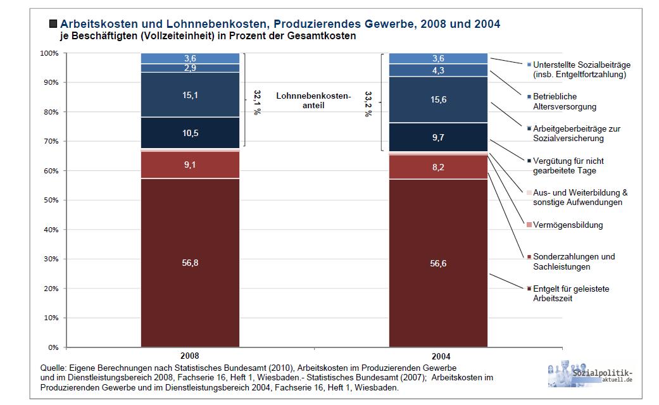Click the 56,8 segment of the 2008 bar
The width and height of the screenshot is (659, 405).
pyautogui.click(x=190, y=263)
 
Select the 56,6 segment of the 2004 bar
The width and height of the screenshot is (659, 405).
pyautogui.click(x=438, y=263)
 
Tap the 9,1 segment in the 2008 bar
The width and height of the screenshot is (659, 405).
pyautogui.click(x=190, y=165)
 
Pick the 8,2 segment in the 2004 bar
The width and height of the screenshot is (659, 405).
pyautogui.click(x=438, y=167)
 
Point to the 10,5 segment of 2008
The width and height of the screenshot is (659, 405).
pyautogui.click(x=190, y=132)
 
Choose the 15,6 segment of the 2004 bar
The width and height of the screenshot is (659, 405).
pyautogui.click(x=438, y=99)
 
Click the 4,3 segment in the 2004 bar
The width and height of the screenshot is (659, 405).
pyautogui.click(x=438, y=70)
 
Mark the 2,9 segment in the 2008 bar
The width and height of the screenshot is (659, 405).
pyautogui.click(x=190, y=68)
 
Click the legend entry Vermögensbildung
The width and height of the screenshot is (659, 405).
pyautogui.click(x=567, y=225)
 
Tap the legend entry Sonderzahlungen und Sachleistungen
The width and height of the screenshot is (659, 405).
pyautogui.click(x=574, y=261)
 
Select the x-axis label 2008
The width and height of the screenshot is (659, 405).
pyautogui.click(x=190, y=356)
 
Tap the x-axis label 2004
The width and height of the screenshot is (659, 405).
pyautogui.click(x=438, y=356)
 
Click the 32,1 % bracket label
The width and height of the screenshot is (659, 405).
pyautogui.click(x=257, y=101)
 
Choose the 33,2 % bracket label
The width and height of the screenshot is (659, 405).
pyautogui.click(x=368, y=103)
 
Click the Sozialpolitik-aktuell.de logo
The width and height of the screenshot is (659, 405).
pyautogui.click(x=590, y=375)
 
